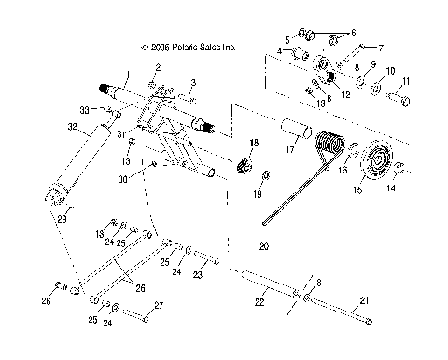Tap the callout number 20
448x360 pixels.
pos(263,247)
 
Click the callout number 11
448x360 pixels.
pos(407,81)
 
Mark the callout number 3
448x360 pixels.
pos(191,84)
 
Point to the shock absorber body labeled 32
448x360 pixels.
pos(79,163)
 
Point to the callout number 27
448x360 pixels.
pos(160,305)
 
